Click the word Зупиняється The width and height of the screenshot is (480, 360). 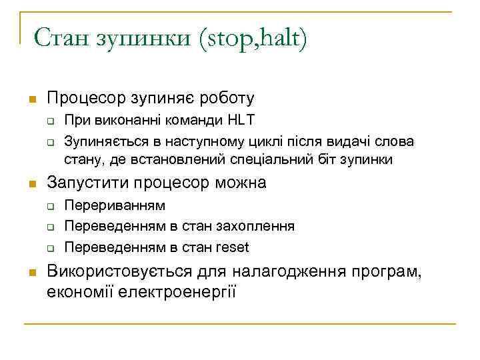pos(103,141)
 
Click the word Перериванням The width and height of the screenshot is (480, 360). pos(115,205)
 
